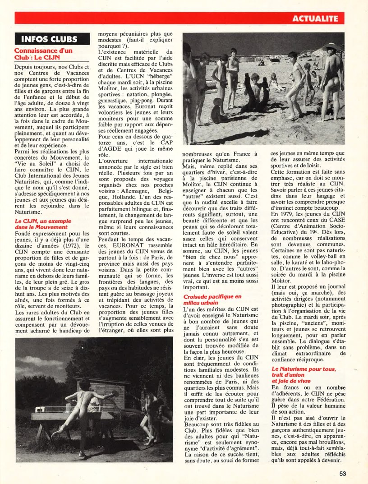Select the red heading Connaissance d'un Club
click(43, 54)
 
